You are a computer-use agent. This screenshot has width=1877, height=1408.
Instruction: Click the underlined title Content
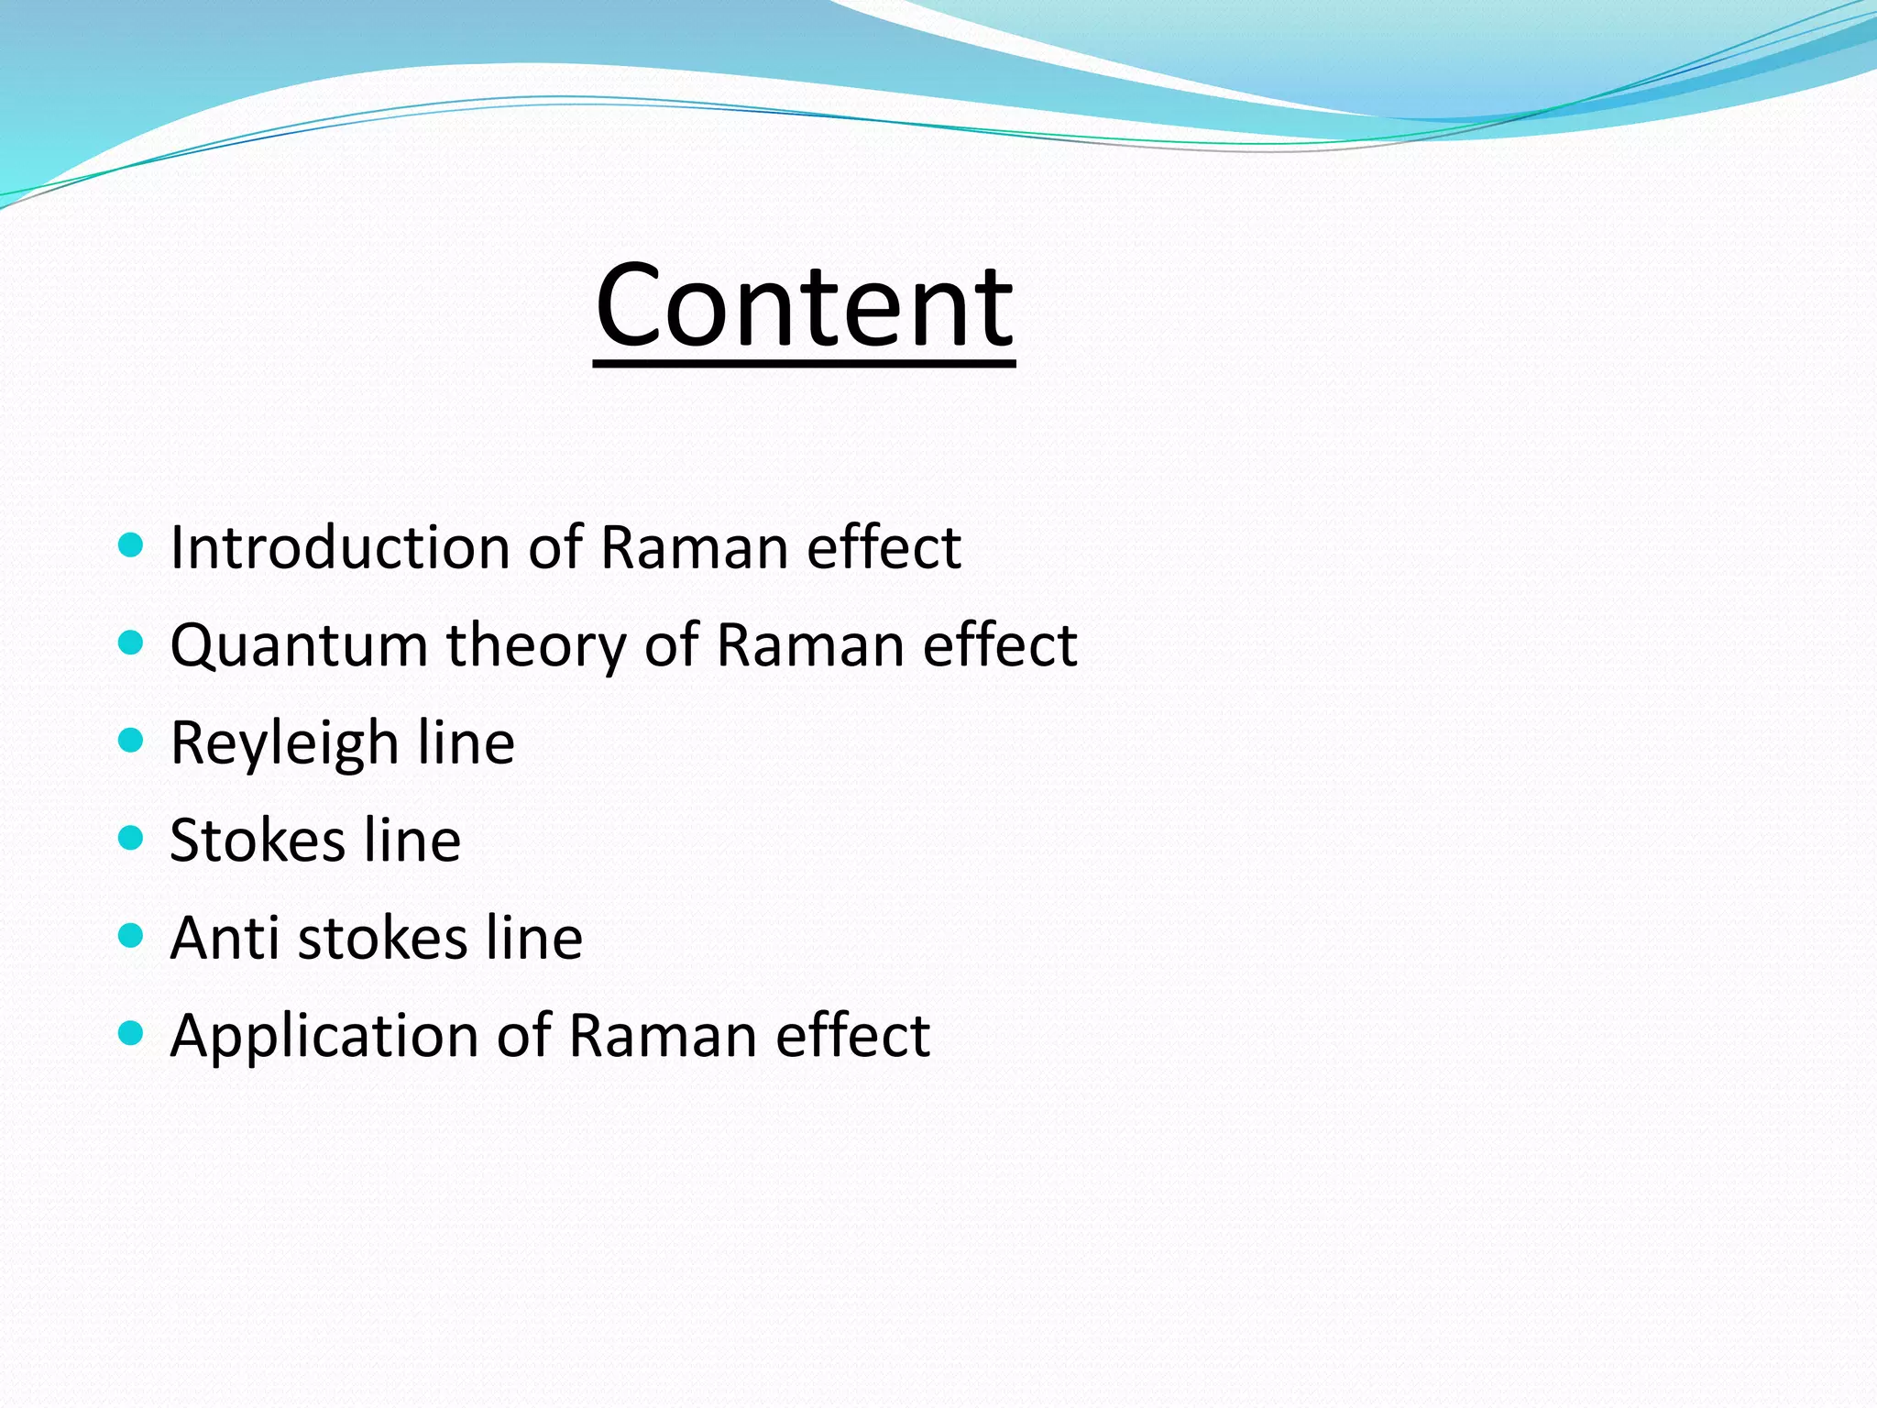pos(804,306)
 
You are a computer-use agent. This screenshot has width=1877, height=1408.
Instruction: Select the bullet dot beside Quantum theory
pos(131,643)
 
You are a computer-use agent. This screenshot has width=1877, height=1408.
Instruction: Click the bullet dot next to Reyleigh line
pos(131,741)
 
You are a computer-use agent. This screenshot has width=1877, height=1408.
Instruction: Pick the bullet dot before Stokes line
pos(131,839)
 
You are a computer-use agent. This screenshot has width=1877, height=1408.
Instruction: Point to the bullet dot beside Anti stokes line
pos(131,936)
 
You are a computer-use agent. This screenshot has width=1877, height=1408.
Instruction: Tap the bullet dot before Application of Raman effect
pos(131,1034)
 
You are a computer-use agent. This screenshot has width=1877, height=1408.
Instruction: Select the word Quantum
pos(299,645)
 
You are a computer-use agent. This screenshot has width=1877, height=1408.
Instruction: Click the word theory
pos(536,645)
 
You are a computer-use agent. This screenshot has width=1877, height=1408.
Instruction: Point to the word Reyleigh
pos(284,742)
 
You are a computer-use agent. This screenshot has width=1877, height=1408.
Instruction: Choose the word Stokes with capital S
pos(258,841)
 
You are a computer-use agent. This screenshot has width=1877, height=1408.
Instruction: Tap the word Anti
pos(225,938)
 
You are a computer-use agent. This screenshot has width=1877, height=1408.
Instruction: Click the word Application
pos(324,1036)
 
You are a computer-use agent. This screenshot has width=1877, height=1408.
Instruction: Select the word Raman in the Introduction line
pos(694,547)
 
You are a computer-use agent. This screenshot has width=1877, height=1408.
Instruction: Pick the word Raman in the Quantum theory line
pos(810,645)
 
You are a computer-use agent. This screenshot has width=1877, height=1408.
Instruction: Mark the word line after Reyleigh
pos(466,742)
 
